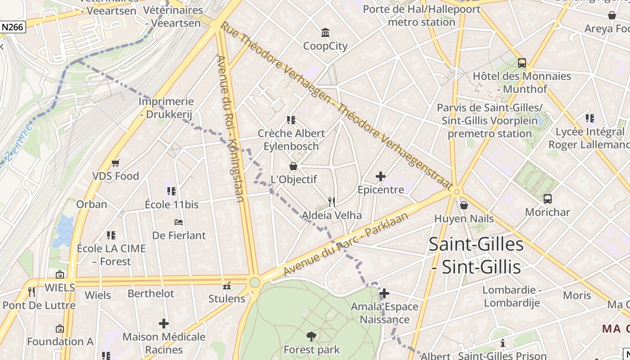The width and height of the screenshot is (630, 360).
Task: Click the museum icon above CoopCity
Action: [325, 32]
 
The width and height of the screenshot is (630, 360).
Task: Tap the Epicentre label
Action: [381, 190]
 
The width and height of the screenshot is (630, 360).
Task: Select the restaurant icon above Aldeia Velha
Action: [332, 202]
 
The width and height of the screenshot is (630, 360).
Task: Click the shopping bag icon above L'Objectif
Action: [293, 166]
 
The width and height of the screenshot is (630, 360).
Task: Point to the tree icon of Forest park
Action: [311, 336]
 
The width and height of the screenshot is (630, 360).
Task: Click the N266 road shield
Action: [12, 27]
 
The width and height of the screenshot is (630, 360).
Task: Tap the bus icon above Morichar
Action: [548, 198]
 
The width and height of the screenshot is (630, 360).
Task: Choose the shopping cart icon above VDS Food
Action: [116, 163]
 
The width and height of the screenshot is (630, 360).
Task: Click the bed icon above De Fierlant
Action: [179, 222]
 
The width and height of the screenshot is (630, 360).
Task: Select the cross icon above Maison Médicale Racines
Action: [164, 324]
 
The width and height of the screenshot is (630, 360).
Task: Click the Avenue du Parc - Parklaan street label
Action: [346, 244]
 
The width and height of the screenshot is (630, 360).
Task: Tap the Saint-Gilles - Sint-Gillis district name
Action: [476, 256]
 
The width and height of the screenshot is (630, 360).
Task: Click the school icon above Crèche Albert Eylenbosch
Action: [291, 120]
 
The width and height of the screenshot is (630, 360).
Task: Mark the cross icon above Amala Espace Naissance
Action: [384, 294]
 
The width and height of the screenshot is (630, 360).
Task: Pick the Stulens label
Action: [227, 298]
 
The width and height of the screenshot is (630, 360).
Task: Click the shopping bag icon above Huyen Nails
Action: [464, 206]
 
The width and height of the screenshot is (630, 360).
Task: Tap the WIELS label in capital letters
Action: [60, 288]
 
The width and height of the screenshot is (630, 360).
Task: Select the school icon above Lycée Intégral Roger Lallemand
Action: [590, 118]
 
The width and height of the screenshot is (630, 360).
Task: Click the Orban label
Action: [92, 204]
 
